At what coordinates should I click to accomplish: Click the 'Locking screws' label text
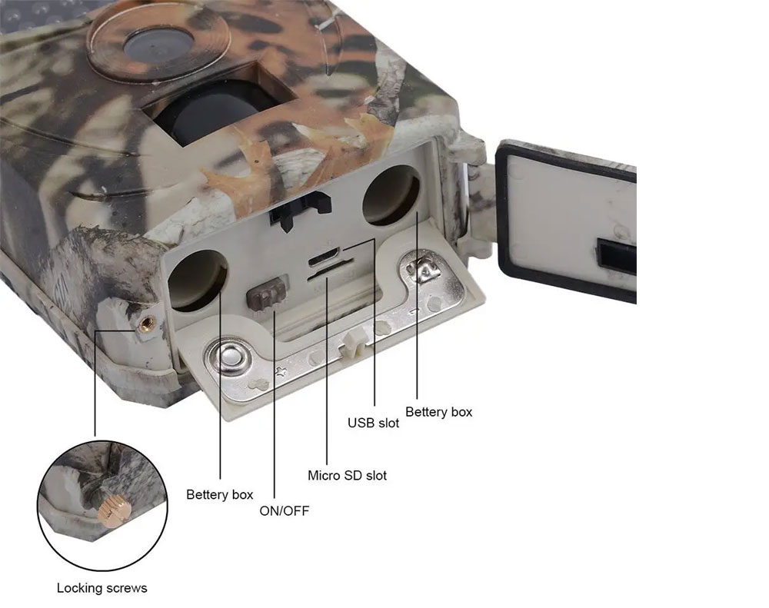(x=102, y=588)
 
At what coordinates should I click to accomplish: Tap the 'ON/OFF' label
(x=285, y=511)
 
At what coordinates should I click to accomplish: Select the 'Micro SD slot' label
(x=348, y=475)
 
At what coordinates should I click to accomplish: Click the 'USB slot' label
(x=373, y=423)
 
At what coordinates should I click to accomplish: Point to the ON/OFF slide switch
(x=266, y=293)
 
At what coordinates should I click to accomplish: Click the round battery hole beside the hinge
(x=391, y=195)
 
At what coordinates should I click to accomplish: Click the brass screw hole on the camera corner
(x=145, y=323)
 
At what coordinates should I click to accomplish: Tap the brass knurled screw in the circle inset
(x=115, y=512)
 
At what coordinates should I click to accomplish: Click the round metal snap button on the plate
(x=231, y=354)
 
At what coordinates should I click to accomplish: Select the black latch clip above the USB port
(x=300, y=208)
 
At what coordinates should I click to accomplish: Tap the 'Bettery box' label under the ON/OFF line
(x=220, y=495)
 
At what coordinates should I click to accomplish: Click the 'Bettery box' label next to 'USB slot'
(x=438, y=412)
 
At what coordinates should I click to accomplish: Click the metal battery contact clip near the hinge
(x=426, y=268)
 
